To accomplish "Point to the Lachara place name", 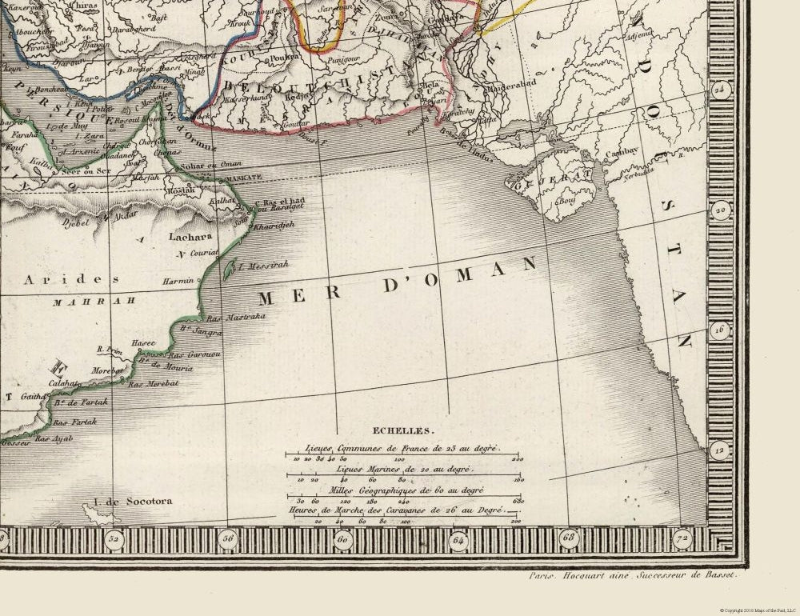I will click(x=190, y=237).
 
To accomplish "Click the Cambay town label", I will click(x=620, y=152).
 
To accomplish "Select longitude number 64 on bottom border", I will click(x=458, y=539).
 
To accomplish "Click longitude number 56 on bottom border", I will click(x=228, y=539).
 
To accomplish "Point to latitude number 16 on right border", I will click(x=721, y=329).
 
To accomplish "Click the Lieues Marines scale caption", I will click(x=403, y=469).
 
